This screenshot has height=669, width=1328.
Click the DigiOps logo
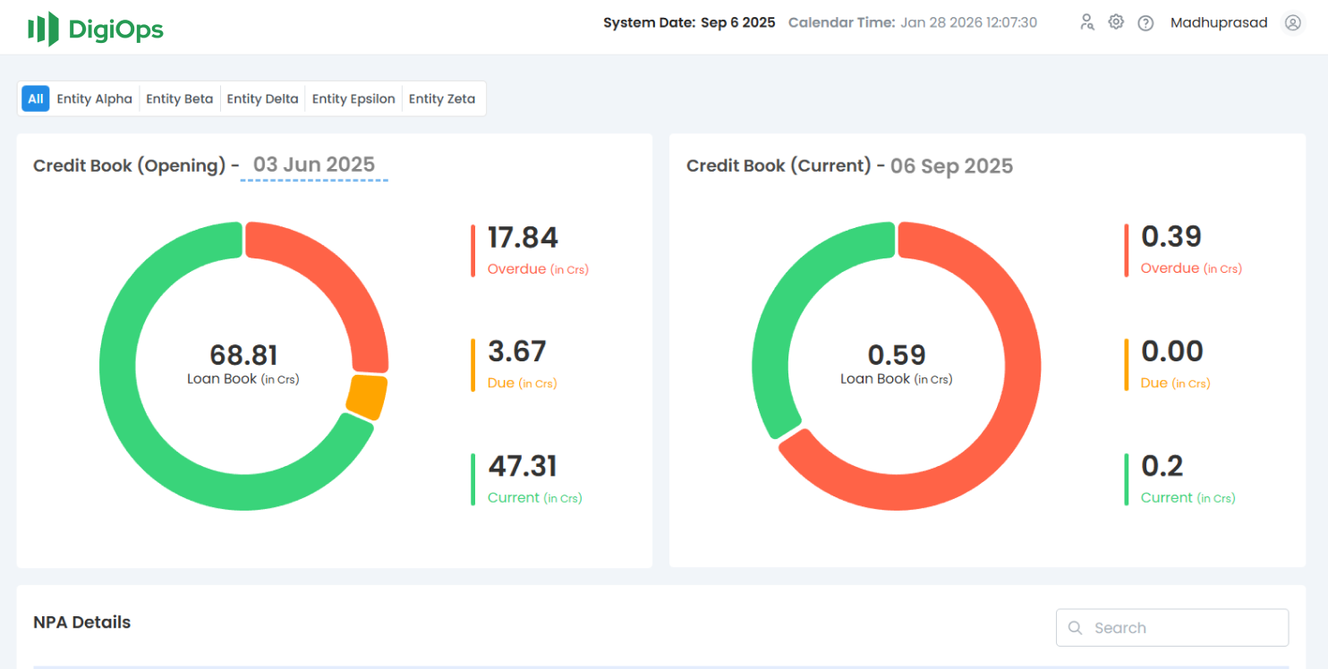[x=95, y=29]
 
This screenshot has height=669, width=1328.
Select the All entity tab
[x=35, y=99]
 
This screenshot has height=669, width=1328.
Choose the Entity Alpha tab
[x=94, y=99]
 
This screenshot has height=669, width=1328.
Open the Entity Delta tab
[x=262, y=99]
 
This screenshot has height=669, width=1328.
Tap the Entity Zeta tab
[x=442, y=99]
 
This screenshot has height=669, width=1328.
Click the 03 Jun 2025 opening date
[x=314, y=165]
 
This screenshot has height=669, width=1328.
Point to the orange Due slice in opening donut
[x=366, y=396]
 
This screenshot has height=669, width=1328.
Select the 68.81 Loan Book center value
[x=243, y=355]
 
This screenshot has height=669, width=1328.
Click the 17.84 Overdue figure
[x=523, y=238]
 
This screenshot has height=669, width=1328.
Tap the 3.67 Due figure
[x=516, y=351]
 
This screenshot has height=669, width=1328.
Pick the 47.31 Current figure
[x=523, y=466]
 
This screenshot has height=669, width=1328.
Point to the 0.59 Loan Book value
[x=897, y=355]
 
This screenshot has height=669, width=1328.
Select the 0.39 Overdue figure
[x=1171, y=237]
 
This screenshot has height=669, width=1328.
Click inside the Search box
[x=1181, y=628]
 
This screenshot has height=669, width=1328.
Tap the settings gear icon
[x=1116, y=22]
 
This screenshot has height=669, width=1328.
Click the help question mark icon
[x=1145, y=23]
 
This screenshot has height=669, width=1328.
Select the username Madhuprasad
[x=1219, y=23]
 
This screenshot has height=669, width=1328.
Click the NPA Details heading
[x=82, y=622]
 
